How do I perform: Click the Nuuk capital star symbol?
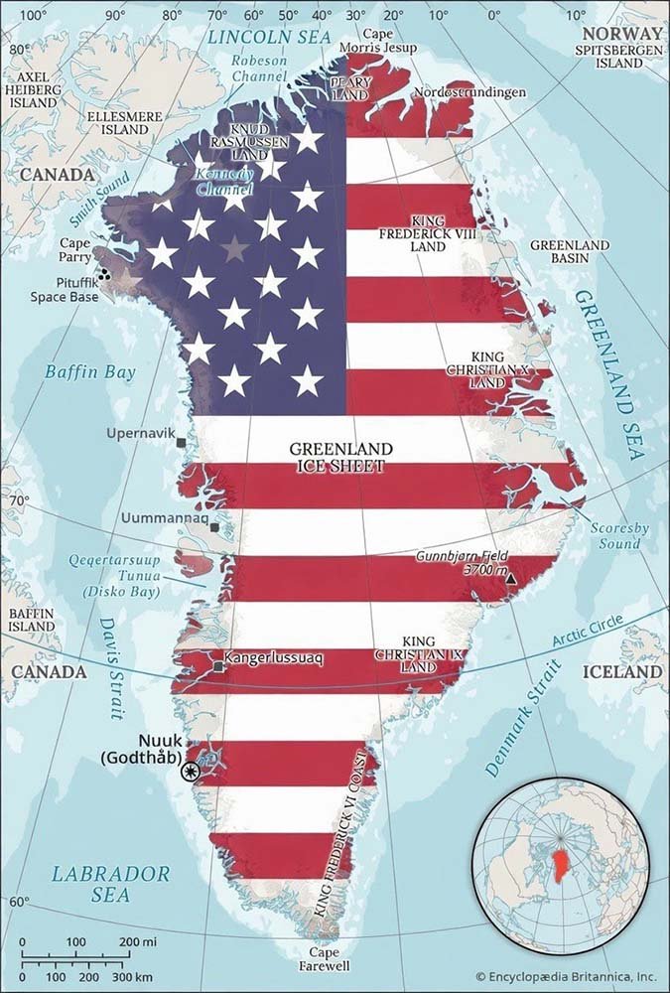190,770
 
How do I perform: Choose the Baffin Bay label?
76,372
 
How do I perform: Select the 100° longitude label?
33,14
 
